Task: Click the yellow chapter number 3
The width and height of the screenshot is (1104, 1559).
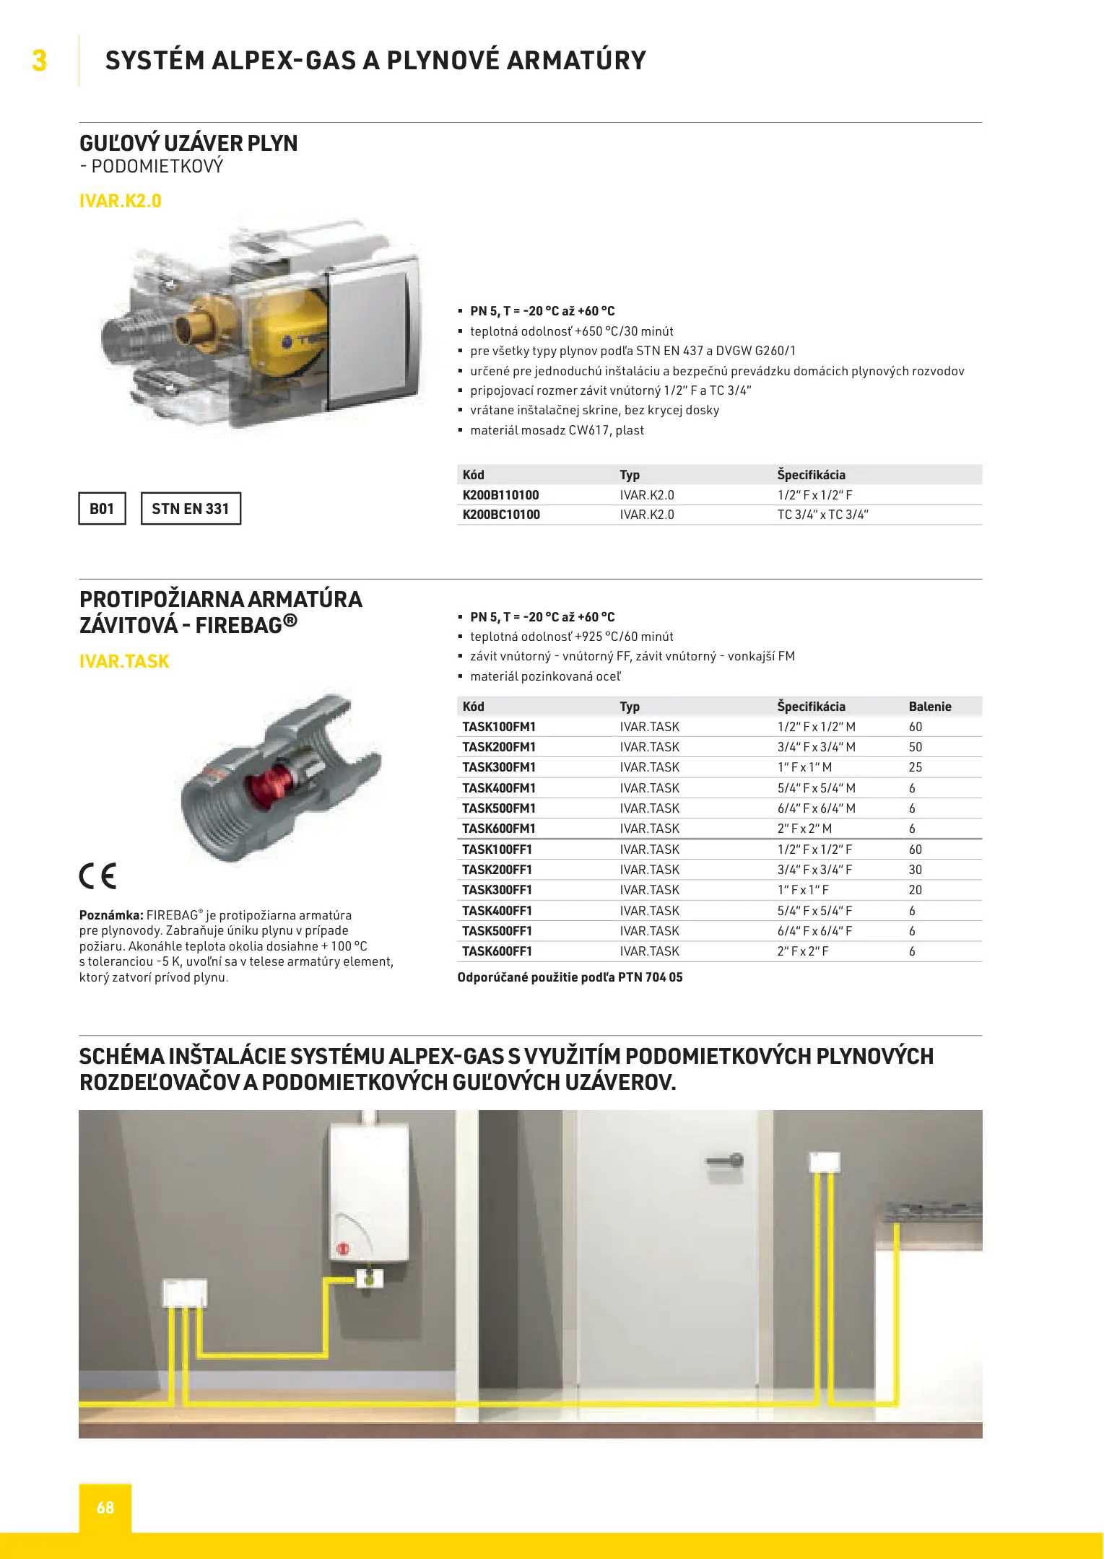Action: pos(39,61)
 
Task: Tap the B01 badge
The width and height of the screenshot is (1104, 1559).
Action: pos(102,509)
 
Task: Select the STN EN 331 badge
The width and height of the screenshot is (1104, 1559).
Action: pos(190,509)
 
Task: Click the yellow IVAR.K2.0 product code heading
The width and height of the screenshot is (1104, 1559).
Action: pos(120,201)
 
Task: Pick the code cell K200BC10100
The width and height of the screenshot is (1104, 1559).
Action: pos(500,515)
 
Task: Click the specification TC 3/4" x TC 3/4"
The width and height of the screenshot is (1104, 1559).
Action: pos(822,515)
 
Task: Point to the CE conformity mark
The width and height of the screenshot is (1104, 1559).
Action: pos(97,876)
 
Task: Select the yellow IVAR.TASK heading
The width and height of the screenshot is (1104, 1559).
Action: pos(124,661)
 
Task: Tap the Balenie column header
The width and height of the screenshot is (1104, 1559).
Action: pos(929,707)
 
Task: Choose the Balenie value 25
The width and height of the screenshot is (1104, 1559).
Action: pos(915,767)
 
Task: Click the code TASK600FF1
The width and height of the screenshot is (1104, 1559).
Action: pos(497,951)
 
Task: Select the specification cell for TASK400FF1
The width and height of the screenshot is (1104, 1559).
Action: pos(814,911)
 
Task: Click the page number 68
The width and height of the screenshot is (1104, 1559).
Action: pos(105,1507)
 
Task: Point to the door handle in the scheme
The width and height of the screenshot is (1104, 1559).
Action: pos(726,1161)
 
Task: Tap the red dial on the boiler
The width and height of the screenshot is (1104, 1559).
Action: pos(343,1248)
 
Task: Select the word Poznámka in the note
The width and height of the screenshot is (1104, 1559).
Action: pos(111,915)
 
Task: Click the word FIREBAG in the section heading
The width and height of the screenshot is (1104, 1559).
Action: pos(238,625)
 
